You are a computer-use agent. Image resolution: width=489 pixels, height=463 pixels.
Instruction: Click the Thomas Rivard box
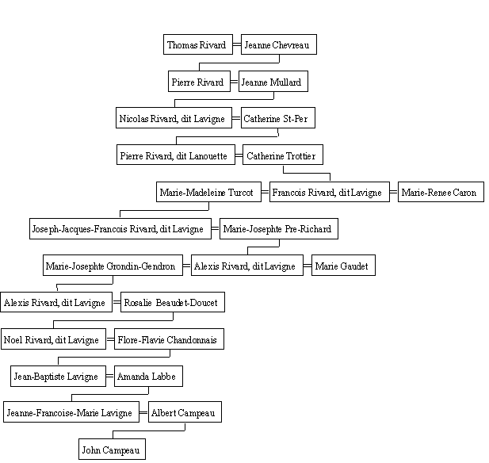(198, 44)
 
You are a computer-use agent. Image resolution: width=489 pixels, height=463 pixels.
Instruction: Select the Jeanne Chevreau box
(279, 44)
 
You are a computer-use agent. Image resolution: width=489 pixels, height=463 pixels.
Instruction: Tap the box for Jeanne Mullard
(273, 81)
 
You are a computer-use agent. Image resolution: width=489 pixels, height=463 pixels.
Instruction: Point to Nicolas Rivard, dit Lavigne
(174, 117)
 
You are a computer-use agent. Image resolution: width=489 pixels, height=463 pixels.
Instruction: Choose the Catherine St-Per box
(278, 117)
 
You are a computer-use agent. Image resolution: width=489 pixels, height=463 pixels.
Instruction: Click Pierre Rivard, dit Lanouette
(176, 155)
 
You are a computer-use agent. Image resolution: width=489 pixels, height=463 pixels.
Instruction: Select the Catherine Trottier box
(283, 155)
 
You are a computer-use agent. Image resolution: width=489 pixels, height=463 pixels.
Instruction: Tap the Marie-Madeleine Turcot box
(208, 192)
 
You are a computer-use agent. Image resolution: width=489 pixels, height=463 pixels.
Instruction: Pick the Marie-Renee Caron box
(441, 192)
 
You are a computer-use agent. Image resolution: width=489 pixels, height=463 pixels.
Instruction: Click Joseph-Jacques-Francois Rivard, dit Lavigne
(120, 228)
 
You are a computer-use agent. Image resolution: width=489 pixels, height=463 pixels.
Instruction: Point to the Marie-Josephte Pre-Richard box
(279, 228)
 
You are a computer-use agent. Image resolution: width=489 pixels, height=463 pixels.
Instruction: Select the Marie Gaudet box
(343, 266)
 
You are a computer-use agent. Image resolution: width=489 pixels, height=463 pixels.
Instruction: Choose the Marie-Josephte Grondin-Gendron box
(113, 266)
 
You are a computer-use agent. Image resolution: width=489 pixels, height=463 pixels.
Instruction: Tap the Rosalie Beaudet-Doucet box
(173, 302)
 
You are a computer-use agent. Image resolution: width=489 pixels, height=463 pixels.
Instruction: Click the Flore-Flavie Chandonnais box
(169, 339)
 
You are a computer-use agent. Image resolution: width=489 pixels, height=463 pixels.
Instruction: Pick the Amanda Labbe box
(148, 377)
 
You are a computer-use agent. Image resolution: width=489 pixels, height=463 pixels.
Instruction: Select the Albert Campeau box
(185, 412)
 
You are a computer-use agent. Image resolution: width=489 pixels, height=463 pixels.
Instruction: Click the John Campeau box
(112, 449)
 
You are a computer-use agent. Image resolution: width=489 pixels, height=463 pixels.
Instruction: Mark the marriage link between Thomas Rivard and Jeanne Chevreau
(237, 44)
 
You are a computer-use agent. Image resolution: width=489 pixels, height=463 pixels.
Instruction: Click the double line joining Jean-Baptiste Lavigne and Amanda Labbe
(110, 377)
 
